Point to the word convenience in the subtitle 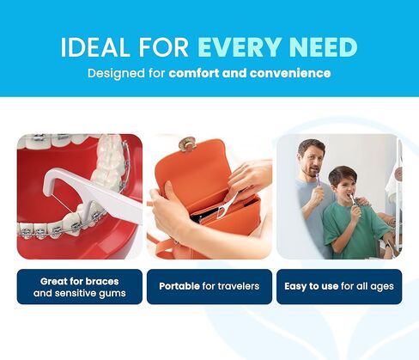point(290,73)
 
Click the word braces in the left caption point(102,282)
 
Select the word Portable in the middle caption point(179,286)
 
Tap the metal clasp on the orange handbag point(187,143)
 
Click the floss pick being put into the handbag point(228,204)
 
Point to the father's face point(312,161)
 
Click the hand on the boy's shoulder point(363,202)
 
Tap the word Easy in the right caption point(295,287)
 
